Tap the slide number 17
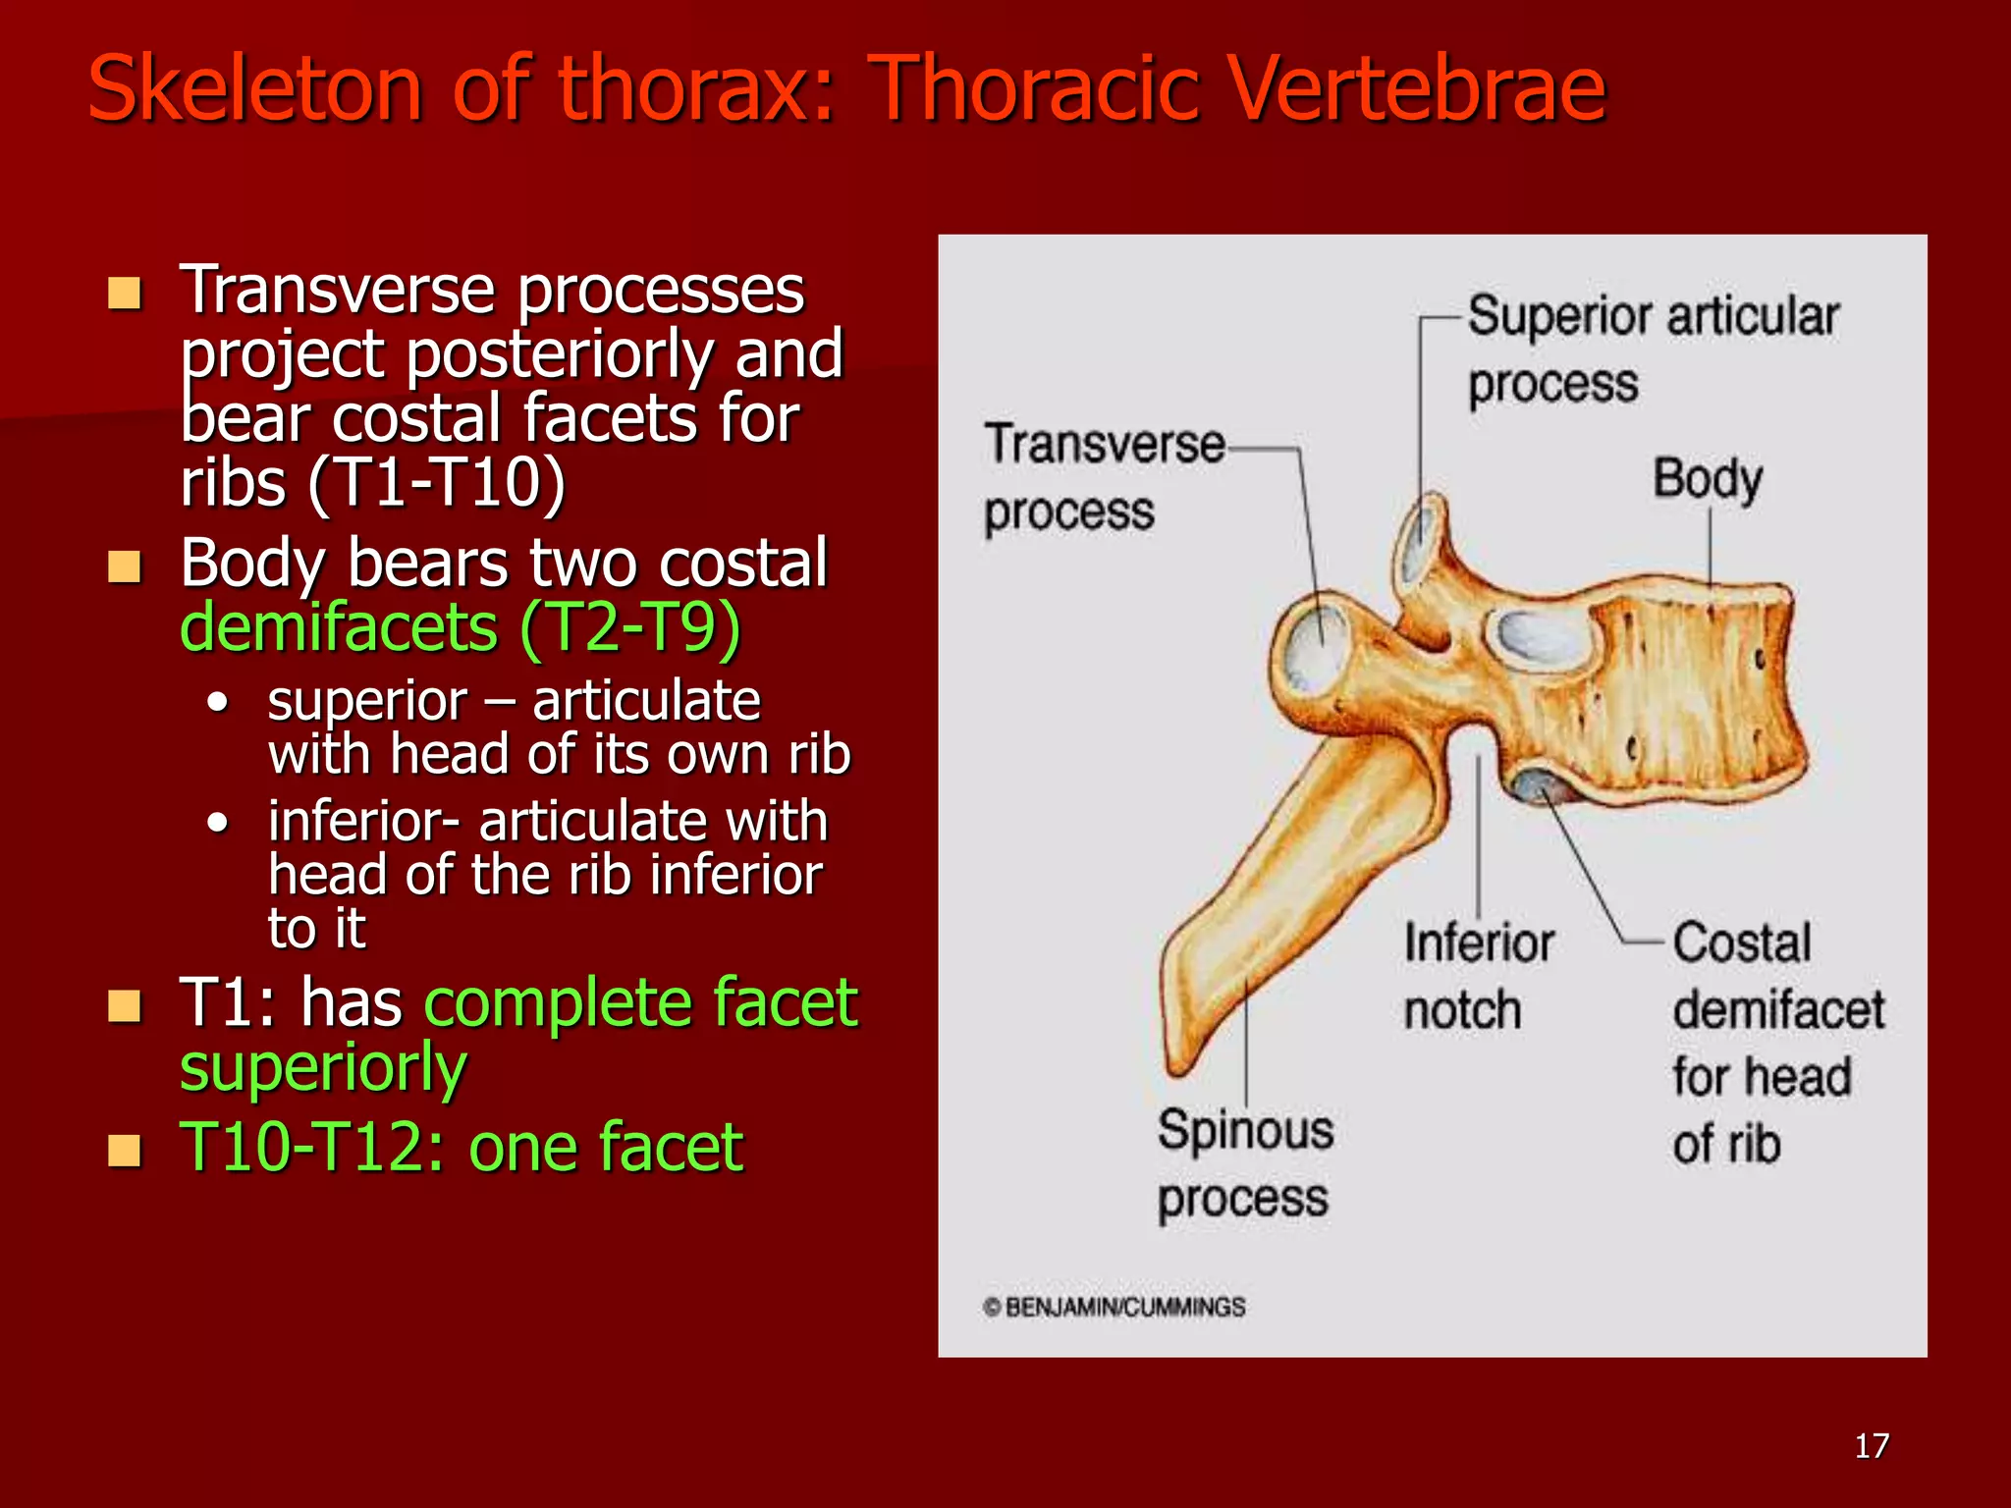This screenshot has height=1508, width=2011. click(1872, 1446)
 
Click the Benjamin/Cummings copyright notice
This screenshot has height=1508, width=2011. click(1114, 1307)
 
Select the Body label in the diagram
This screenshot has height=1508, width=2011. click(1708, 479)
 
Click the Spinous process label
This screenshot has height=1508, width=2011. click(1244, 1163)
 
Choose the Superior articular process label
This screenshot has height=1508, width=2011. click(1652, 349)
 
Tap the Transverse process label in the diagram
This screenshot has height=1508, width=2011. click(1103, 477)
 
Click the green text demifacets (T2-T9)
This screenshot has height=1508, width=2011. click(460, 627)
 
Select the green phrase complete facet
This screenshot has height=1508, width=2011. click(640, 1002)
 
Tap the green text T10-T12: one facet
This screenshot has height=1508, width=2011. click(461, 1147)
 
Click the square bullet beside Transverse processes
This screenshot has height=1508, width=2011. click(125, 293)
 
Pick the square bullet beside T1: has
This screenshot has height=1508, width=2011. click(125, 1005)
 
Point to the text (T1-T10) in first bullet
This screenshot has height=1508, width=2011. click(436, 482)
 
